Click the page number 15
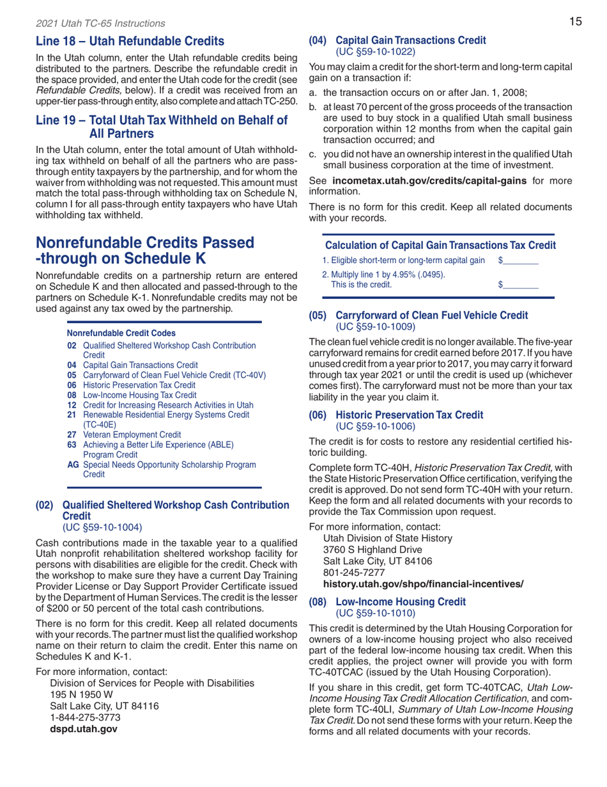click(575, 22)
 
